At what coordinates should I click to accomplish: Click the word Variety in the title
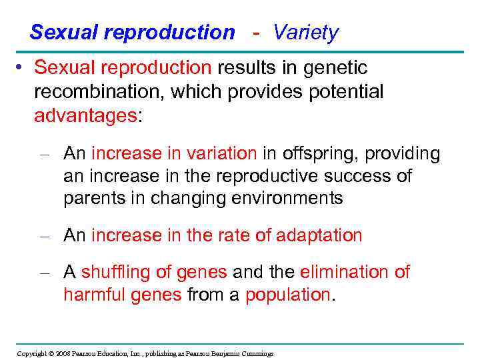click(306, 32)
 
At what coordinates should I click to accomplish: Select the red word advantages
click(85, 115)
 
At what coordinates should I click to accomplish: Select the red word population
click(288, 295)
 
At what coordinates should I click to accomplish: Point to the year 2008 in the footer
click(63, 353)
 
